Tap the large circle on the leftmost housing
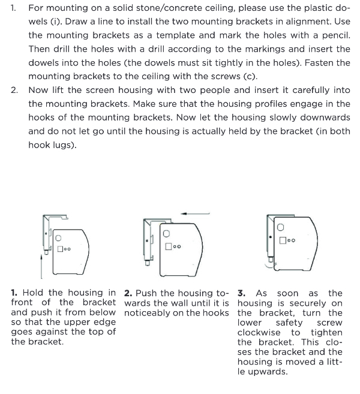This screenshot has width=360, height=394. pos(59,238)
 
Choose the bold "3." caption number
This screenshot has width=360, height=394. pos(242,293)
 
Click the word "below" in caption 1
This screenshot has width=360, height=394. pos(102,312)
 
